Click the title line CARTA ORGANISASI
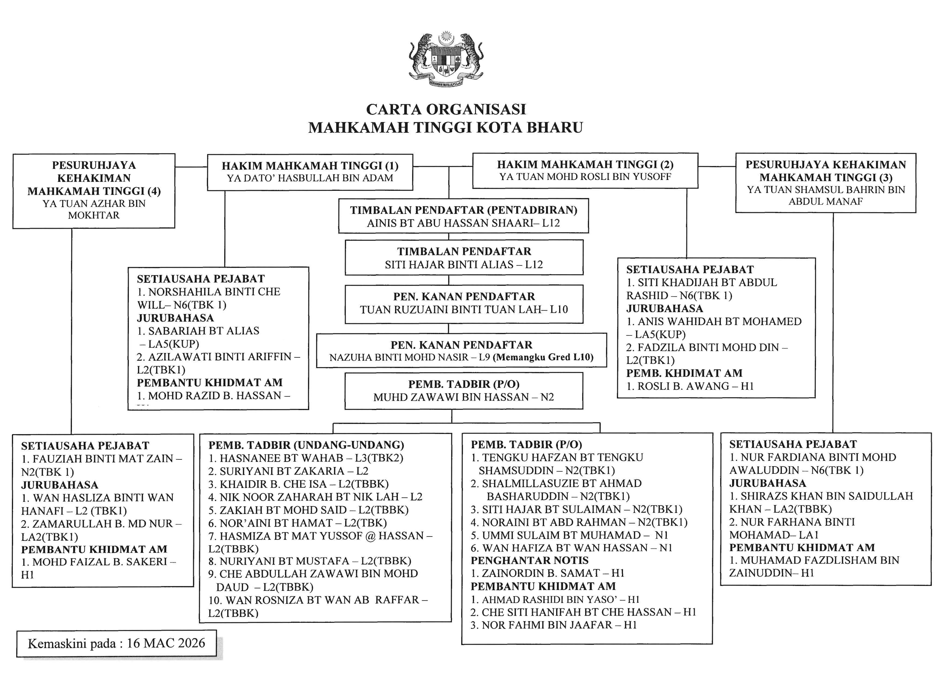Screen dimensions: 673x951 [446, 109]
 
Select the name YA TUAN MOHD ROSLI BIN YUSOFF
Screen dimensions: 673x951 [585, 177]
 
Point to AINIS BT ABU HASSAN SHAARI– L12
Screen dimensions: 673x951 [463, 223]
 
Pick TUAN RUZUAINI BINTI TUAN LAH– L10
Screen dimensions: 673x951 [463, 310]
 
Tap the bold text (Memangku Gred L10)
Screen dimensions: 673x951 [543, 357]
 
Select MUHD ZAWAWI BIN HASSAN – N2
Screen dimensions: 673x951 [463, 397]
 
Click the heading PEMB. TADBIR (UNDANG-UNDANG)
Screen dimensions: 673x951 [306, 445]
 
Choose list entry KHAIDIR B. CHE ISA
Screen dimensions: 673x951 [298, 484]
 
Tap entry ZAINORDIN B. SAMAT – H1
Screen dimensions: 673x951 [547, 573]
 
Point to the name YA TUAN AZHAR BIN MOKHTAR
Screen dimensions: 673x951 [94, 209]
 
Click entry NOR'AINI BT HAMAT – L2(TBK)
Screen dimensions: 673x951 [297, 523]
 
